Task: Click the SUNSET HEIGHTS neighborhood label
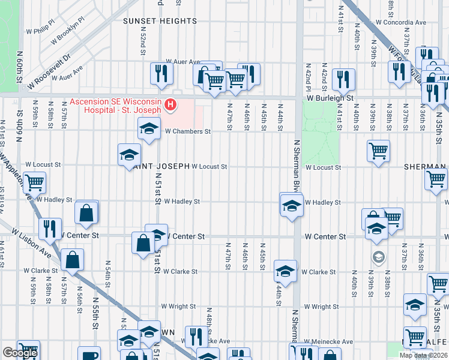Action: point(160,21)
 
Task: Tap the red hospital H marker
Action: point(171,106)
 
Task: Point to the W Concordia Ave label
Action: point(400,22)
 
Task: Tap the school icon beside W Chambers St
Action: point(149,128)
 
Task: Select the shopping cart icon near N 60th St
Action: point(34,181)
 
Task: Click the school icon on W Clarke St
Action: point(285,271)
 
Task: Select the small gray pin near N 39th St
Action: point(378,257)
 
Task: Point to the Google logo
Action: point(20,353)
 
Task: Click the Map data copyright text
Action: point(423,355)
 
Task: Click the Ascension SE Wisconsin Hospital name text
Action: point(115,106)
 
